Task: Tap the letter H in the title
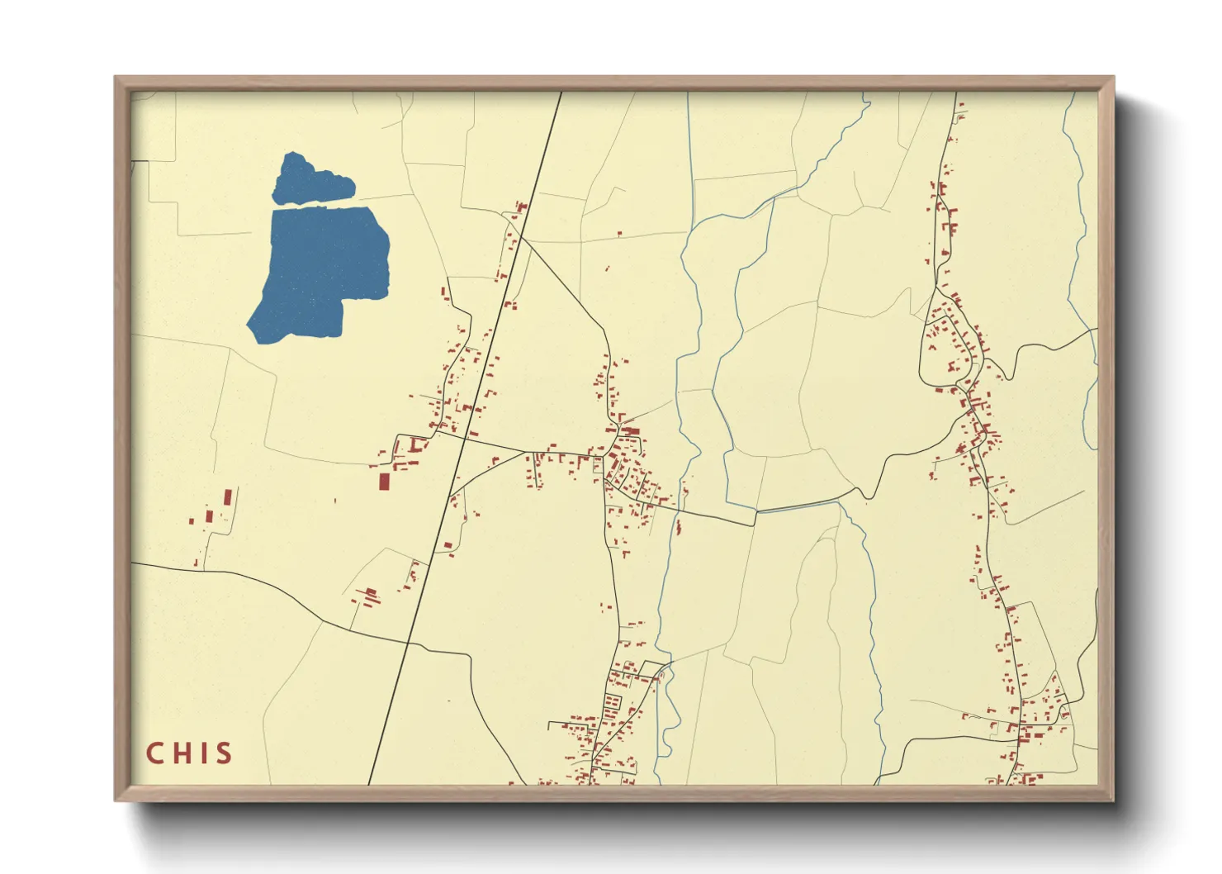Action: pyautogui.click(x=182, y=753)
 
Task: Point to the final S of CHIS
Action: pyautogui.click(x=223, y=753)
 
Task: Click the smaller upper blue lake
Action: pyautogui.click(x=309, y=180)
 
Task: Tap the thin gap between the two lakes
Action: pyautogui.click(x=322, y=205)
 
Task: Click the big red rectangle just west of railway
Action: pyautogui.click(x=384, y=481)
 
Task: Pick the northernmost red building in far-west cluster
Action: pyautogui.click(x=229, y=497)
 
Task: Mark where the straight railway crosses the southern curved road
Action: pyautogui.click(x=408, y=642)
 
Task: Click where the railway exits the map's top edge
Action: pyautogui.click(x=561, y=93)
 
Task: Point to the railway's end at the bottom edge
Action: pyautogui.click(x=368, y=784)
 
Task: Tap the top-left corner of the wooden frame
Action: pyautogui.click(x=116, y=78)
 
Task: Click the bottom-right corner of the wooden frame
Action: pyautogui.click(x=1113, y=800)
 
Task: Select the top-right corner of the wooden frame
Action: pyautogui.click(x=1113, y=78)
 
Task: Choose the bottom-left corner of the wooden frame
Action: pyautogui.click(x=116, y=800)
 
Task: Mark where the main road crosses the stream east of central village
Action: pyautogui.click(x=756, y=513)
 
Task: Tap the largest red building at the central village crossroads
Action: pyautogui.click(x=631, y=430)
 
